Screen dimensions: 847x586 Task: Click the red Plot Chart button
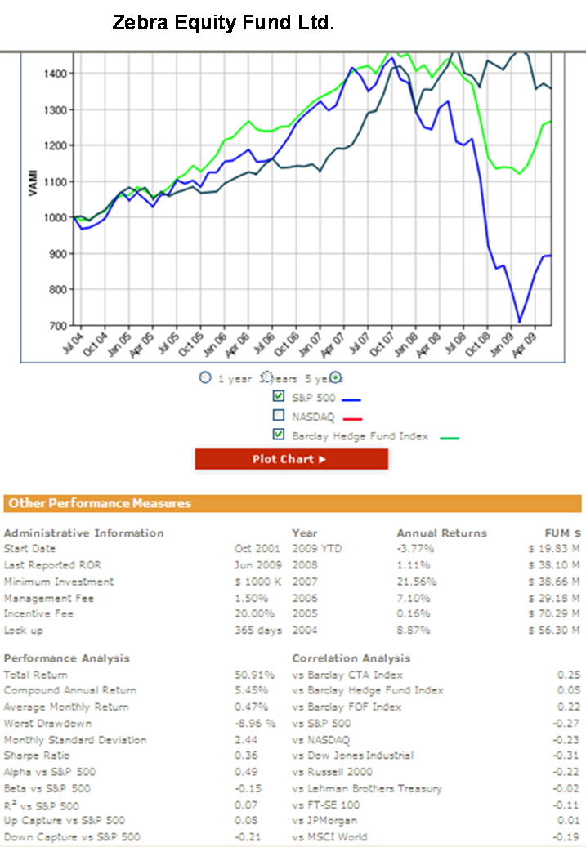[x=291, y=459]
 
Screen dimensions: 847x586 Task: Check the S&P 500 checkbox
[x=279, y=397]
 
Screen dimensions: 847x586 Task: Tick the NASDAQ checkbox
[x=279, y=417]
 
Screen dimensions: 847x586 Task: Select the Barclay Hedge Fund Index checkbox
[x=279, y=435]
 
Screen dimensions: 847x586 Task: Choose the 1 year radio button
[x=206, y=378]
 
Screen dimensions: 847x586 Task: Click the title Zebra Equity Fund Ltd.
[x=223, y=24]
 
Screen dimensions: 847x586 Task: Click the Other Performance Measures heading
[x=100, y=504]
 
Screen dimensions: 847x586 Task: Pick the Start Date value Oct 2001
[x=257, y=549]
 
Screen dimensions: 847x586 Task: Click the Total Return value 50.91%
[x=251, y=675]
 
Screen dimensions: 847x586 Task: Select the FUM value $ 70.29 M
[x=553, y=613]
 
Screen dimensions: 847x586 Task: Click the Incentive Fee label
[x=38, y=613]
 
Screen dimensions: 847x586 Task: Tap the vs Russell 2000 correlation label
[x=332, y=772]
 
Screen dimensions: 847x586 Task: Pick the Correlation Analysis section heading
[x=351, y=658]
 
